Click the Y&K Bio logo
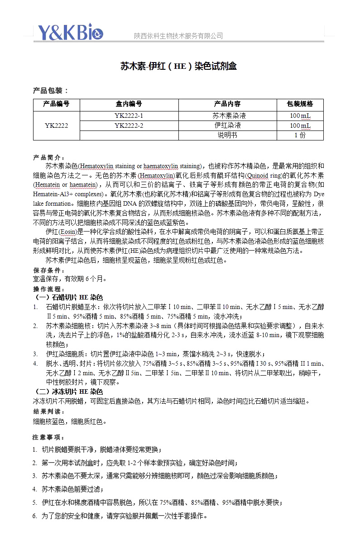point(70,32)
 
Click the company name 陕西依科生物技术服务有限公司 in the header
point(178,36)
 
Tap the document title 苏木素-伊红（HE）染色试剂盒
point(178,67)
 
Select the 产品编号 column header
point(56,104)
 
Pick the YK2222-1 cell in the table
point(129,116)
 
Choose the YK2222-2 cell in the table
point(129,126)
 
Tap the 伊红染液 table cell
point(227,126)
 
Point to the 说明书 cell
point(227,135)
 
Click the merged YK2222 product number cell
point(56,126)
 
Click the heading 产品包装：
point(51,91)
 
